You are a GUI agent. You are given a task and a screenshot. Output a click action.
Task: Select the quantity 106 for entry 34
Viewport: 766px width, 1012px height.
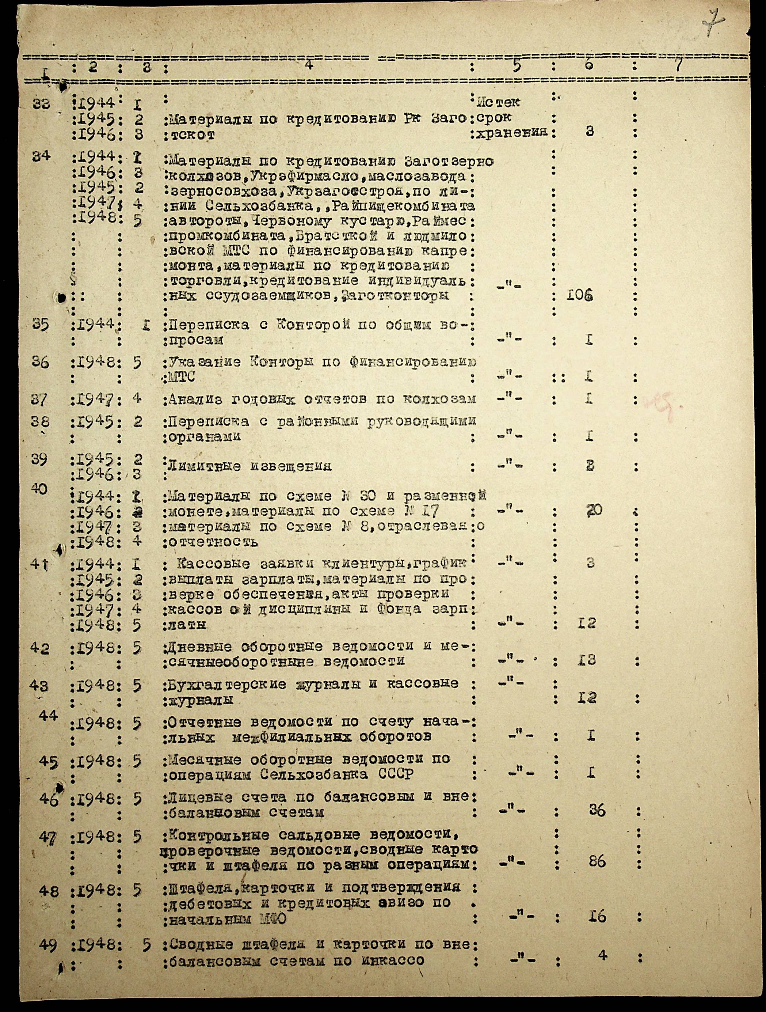coord(580,296)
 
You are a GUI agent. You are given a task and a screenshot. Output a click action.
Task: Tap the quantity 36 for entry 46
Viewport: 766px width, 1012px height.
coord(597,811)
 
